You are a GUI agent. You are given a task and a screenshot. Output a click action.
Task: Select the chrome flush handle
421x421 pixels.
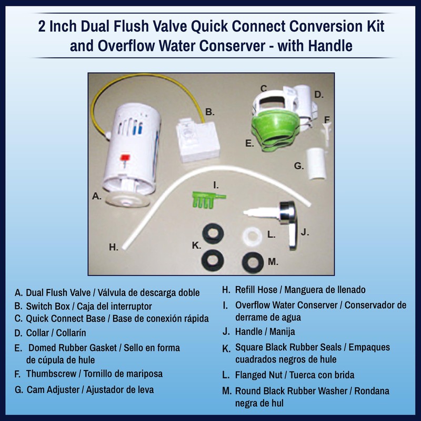pyautogui.click(x=288, y=222)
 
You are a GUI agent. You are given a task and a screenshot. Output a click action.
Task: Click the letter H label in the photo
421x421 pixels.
pyautogui.click(x=113, y=247)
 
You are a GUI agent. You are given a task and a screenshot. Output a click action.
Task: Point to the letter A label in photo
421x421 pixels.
pyautogui.click(x=96, y=196)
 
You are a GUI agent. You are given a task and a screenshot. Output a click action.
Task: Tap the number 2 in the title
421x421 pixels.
pyautogui.click(x=42, y=27)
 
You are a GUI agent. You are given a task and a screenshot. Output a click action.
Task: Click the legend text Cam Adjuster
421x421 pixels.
pyautogui.click(x=55, y=389)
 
